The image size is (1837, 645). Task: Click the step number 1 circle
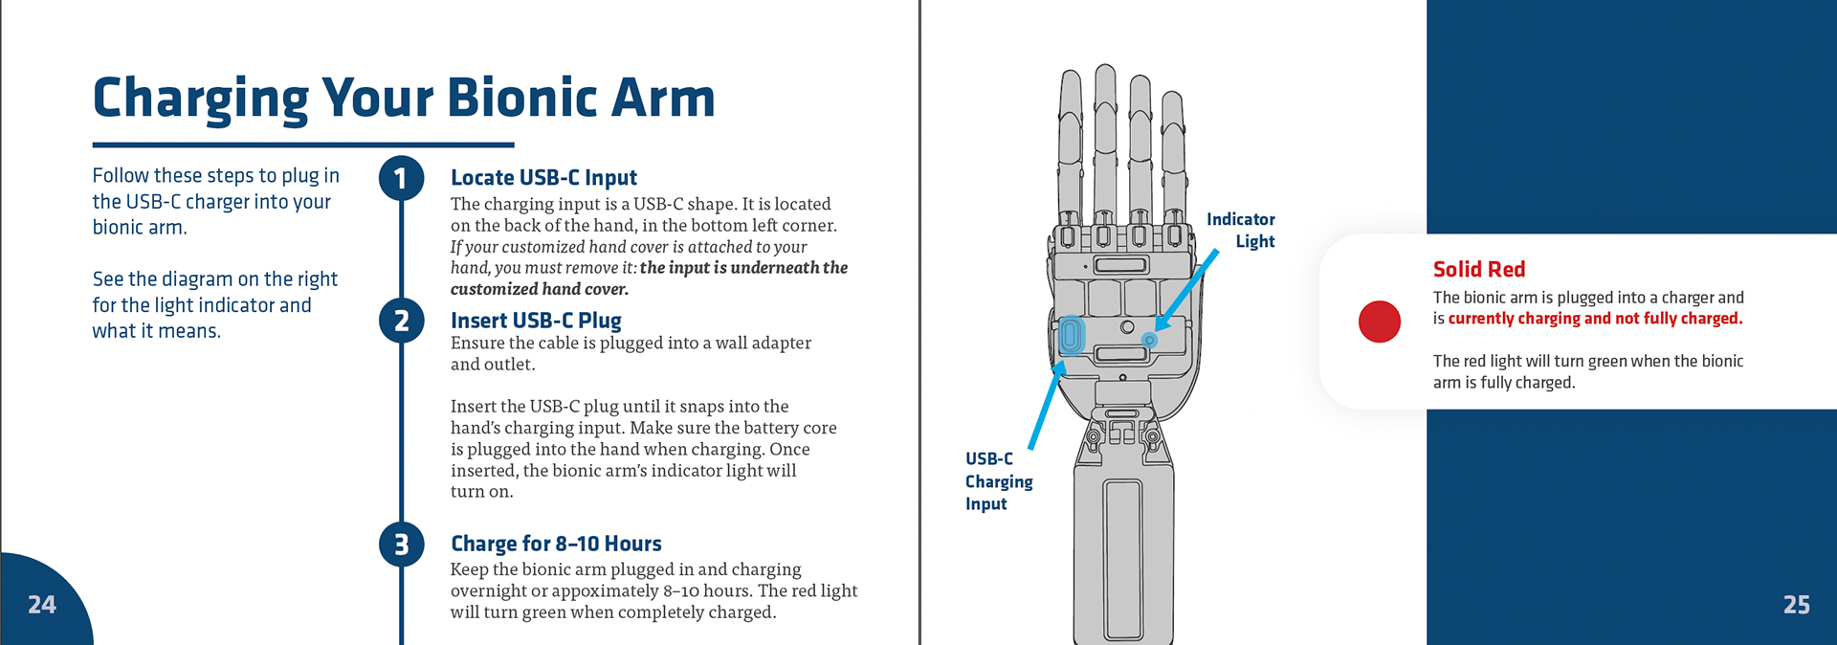tap(401, 179)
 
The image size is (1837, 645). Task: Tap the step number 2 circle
tap(401, 321)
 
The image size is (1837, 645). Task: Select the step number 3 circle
tap(401, 545)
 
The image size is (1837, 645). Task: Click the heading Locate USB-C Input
tap(543, 178)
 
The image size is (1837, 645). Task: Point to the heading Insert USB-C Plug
tap(536, 321)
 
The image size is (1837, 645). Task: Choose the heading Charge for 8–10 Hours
tap(556, 544)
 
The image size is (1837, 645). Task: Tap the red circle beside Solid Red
tap(1379, 322)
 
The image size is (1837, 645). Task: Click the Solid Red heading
tap(1478, 270)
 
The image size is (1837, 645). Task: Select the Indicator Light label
tap(1242, 231)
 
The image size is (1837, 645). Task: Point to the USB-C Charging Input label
tap(998, 481)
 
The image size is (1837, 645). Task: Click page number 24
tap(42, 605)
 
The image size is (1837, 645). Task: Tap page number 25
tap(1796, 605)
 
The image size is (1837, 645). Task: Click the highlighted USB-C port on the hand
tap(1071, 336)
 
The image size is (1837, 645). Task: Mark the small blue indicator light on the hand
tap(1150, 340)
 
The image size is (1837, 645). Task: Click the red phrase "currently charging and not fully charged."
tap(1595, 319)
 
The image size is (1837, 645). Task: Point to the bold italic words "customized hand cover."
tap(540, 289)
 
